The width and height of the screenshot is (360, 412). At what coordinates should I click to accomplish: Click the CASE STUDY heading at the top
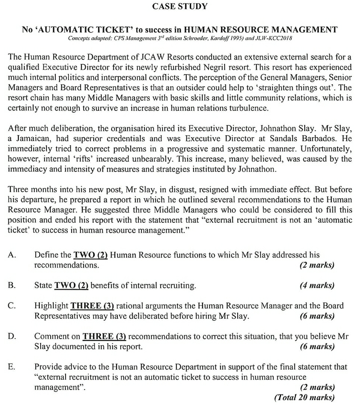(x=180, y=6)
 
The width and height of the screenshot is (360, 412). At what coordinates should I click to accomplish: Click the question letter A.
(x=12, y=255)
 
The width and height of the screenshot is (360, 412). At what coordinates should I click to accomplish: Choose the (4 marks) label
(x=317, y=286)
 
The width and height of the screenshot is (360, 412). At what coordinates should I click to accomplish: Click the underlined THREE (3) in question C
(x=92, y=306)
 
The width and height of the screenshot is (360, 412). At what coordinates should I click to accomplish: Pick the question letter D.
(x=12, y=336)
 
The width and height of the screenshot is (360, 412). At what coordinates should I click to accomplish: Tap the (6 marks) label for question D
(x=317, y=347)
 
